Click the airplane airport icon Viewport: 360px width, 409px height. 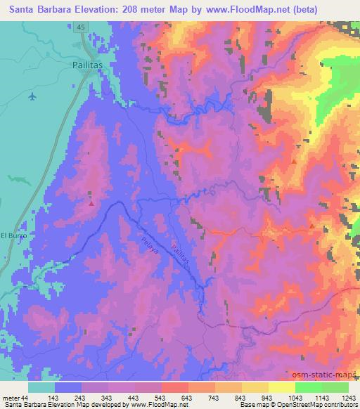pos(32,96)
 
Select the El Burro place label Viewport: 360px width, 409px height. pos(13,235)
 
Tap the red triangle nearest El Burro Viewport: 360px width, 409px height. pos(91,203)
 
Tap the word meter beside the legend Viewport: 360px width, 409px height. pos(11,397)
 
